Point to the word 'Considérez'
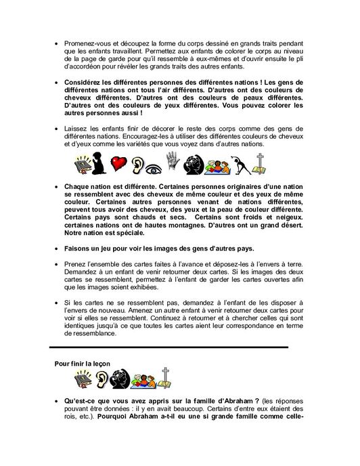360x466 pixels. point(86,85)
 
